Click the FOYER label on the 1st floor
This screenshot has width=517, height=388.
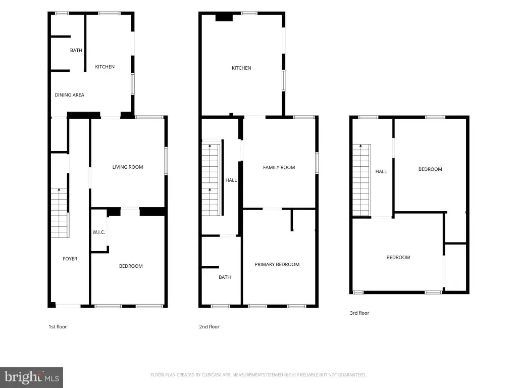coord(70,259)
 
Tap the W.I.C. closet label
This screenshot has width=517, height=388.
coord(98,232)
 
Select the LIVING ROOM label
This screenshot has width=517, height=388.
coord(128,167)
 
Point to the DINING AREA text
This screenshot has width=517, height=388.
coord(69,95)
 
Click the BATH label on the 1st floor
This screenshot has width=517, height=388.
coord(76,51)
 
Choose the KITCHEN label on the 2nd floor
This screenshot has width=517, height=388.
coord(241,68)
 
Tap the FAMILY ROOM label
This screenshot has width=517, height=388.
coord(279,168)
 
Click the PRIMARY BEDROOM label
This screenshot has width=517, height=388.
coord(277,264)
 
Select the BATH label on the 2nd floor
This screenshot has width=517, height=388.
coord(225,277)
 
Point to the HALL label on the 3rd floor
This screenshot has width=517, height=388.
coord(381,172)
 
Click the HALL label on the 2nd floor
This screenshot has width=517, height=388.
coord(231,180)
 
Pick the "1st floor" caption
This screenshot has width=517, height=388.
coord(58,327)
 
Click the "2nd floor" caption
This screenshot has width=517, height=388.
coord(209,327)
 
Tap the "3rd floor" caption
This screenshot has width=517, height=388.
coord(359,313)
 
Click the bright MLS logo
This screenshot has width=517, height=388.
coord(31,377)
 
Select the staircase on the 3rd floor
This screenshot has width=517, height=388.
coord(361,180)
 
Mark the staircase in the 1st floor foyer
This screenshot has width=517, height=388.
coord(60,213)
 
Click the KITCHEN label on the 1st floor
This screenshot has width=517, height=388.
coord(105,67)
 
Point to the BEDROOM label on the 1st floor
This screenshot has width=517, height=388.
coord(131,266)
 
